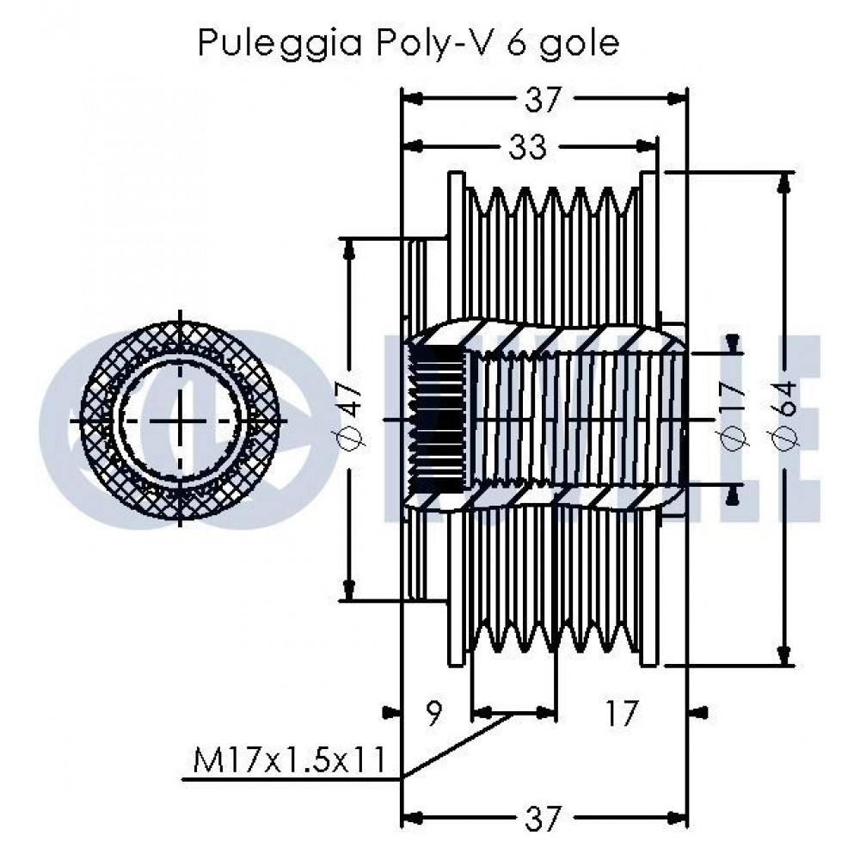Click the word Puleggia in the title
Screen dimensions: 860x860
(279, 43)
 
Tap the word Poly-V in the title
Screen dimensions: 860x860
(433, 43)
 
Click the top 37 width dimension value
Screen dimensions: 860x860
(544, 99)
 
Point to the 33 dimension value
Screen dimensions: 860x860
(528, 146)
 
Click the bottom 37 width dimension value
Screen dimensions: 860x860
(544, 819)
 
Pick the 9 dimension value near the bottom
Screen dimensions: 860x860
(433, 713)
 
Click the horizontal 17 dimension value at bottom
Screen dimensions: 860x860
(621, 713)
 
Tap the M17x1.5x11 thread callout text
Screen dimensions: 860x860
(290, 760)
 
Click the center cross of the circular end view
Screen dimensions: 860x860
(181, 421)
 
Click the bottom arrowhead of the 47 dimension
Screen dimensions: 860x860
(348, 591)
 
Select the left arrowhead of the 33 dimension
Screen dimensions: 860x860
(413, 146)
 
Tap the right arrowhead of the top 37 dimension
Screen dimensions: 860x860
(677, 99)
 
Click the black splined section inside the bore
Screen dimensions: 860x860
(436, 421)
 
